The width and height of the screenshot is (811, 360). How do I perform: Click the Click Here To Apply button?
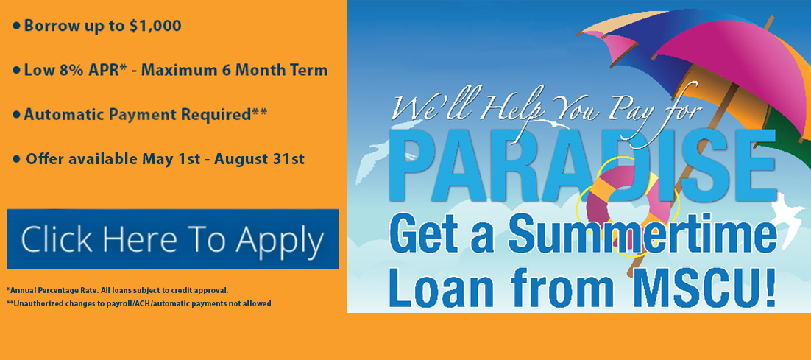[173, 239]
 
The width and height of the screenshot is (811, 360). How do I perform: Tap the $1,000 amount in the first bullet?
[155, 26]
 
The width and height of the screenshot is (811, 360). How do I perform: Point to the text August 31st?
[259, 159]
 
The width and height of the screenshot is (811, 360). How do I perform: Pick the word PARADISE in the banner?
[589, 162]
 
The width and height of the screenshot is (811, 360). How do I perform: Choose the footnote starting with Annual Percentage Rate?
[118, 290]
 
